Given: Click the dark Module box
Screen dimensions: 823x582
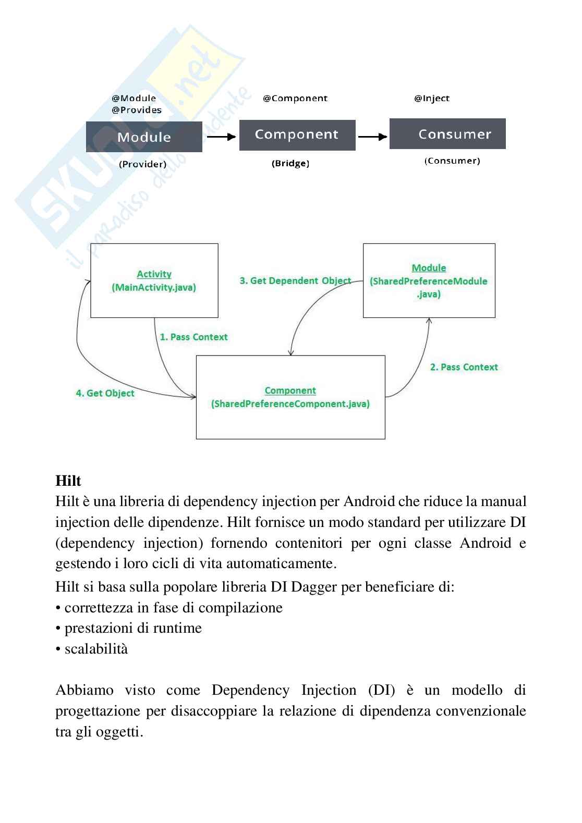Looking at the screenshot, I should tap(144, 137).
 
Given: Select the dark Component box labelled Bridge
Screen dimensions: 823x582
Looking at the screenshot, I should tap(297, 134).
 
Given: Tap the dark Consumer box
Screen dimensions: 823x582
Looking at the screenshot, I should tap(447, 134).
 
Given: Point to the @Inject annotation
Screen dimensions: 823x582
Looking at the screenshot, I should tap(431, 99).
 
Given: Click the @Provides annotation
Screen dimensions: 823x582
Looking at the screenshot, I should tap(137, 110).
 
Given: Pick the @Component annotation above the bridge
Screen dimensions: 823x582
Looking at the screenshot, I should tap(295, 99).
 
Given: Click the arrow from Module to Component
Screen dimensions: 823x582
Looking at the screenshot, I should tap(221, 137).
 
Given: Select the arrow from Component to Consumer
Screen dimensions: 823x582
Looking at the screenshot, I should tap(372, 137).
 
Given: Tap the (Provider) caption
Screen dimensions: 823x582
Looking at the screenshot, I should tap(142, 164).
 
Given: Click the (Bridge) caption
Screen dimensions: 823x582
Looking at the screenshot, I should tap(290, 164).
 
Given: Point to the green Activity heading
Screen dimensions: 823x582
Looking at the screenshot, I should tap(154, 274).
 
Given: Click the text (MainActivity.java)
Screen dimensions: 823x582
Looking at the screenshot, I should tap(154, 287).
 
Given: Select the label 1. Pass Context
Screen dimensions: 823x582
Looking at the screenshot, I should tap(193, 337).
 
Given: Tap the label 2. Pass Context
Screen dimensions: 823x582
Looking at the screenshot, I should tap(464, 367).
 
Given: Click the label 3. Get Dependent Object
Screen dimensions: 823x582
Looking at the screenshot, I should tap(295, 280).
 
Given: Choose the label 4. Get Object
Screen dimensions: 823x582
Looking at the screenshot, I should tap(105, 393).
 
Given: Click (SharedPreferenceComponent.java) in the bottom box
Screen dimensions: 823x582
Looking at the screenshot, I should tap(290, 404).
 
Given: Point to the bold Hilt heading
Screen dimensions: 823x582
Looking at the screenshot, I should tap(68, 481).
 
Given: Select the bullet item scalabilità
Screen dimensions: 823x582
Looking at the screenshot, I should tap(96, 649).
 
